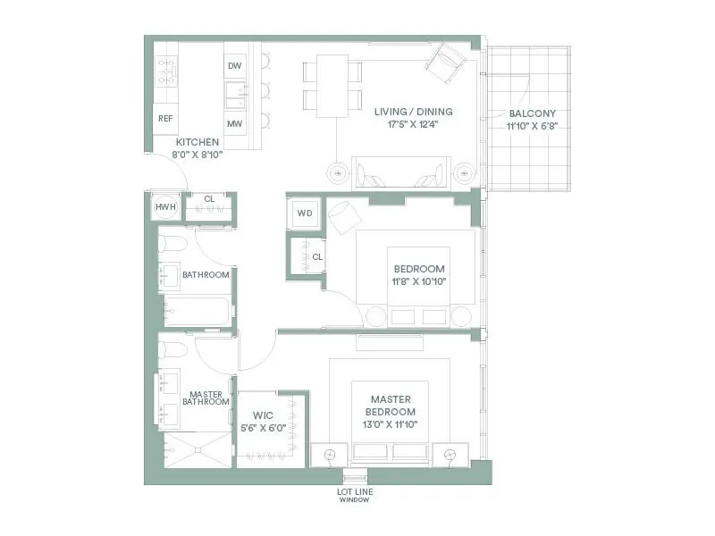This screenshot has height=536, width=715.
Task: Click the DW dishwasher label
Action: (235, 65)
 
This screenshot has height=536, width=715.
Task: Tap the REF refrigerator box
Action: (165, 118)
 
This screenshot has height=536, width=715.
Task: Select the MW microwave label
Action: (235, 124)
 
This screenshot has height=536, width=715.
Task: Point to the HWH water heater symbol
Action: (165, 206)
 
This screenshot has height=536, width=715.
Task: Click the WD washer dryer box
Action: (303, 214)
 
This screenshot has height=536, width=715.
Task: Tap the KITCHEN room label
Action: (198, 142)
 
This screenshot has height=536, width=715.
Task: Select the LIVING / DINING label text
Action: (413, 112)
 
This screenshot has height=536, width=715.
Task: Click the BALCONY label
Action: (532, 113)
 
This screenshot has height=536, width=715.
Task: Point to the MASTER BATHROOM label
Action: (206, 398)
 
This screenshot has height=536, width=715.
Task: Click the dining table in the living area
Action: (332, 85)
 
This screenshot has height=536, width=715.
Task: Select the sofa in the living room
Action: (400, 172)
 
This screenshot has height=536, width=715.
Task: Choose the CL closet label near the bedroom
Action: (317, 257)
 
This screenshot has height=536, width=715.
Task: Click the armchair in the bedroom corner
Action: (344, 217)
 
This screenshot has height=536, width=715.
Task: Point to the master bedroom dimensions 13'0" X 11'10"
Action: (390, 424)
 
